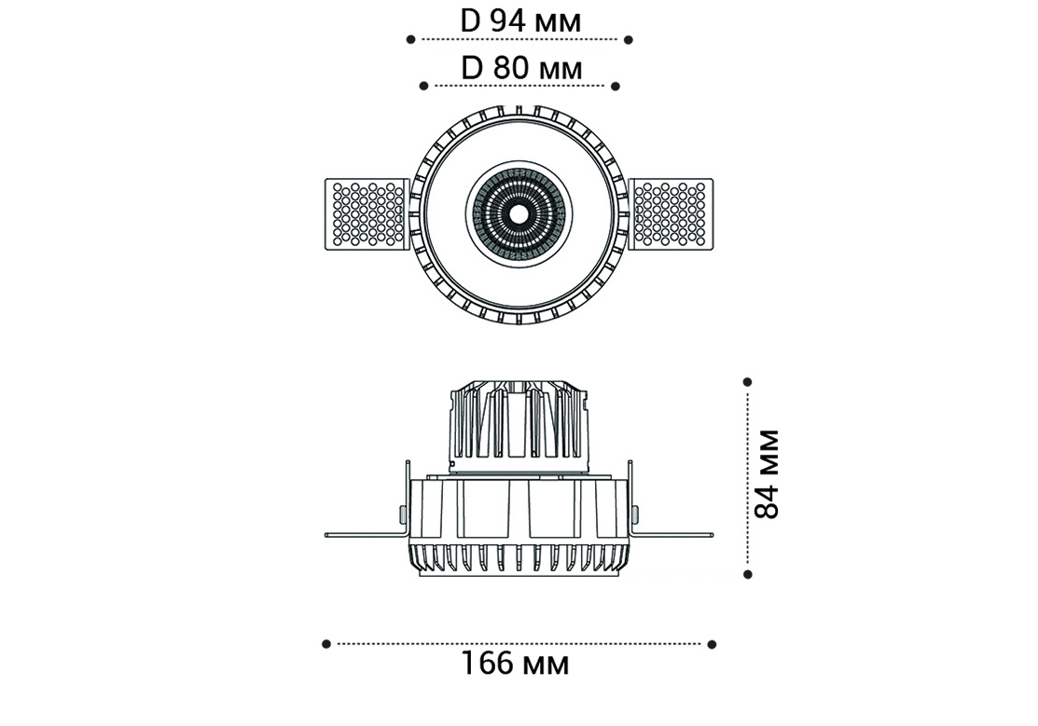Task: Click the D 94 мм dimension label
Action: pyautogui.click(x=520, y=21)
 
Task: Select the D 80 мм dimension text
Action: pyautogui.click(x=521, y=67)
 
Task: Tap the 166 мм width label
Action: pyautogui.click(x=515, y=664)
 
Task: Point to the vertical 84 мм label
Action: pyautogui.click(x=768, y=473)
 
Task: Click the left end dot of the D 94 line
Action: pyautogui.click(x=410, y=40)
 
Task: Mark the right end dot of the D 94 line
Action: pyautogui.click(x=629, y=40)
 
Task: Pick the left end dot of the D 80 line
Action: pyautogui.click(x=423, y=86)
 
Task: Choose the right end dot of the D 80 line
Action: pyautogui.click(x=615, y=86)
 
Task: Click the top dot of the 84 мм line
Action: pyautogui.click(x=747, y=382)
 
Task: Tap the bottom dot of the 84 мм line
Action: pyautogui.click(x=747, y=574)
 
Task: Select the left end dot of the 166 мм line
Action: pyautogui.click(x=325, y=644)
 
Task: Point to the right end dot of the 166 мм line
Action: pyautogui.click(x=712, y=644)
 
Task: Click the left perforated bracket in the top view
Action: pyautogui.click(x=367, y=213)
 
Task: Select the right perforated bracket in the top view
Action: pyautogui.click(x=671, y=213)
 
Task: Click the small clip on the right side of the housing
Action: pyautogui.click(x=636, y=514)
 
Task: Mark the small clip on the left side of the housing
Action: pyautogui.click(x=403, y=514)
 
